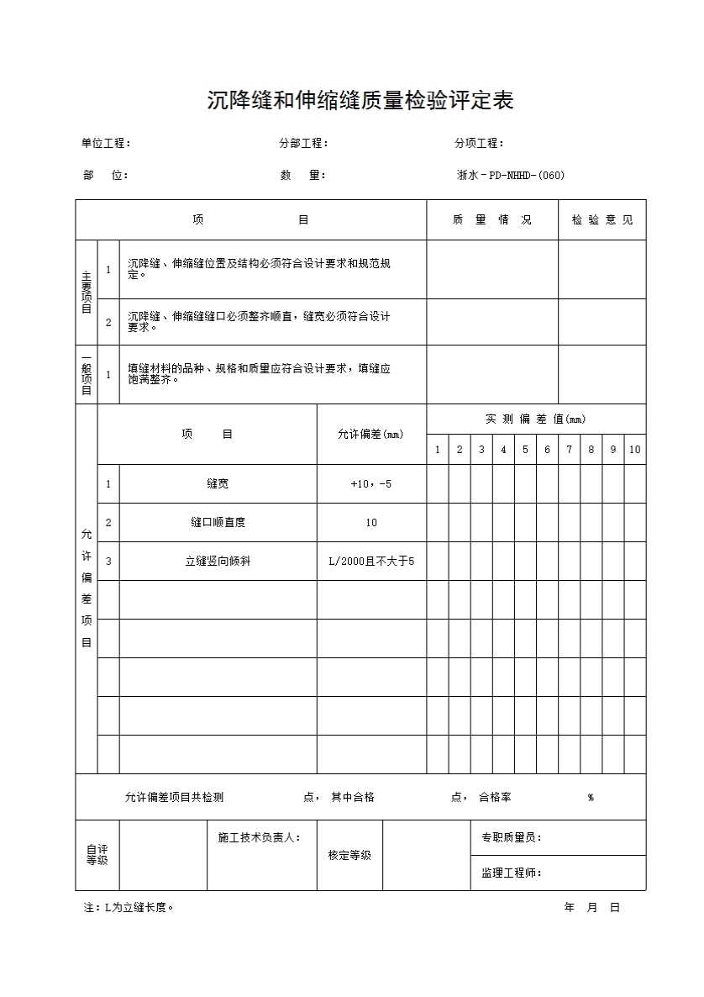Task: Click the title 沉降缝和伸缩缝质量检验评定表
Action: pos(360,101)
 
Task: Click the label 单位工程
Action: pos(105,144)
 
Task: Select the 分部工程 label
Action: pos(302,144)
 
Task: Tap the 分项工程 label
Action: pos(479,144)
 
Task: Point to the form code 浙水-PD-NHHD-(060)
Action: pos(510,176)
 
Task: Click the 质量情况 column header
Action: pos(492,220)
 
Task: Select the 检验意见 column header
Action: pos(602,220)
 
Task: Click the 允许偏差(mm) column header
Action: pos(370,435)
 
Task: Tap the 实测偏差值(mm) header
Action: pos(536,419)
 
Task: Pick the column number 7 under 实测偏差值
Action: pos(569,450)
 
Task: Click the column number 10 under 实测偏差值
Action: pos(634,450)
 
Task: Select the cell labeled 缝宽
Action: pos(218,484)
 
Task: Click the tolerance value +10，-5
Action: pos(370,484)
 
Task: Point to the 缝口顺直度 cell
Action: pos(218,523)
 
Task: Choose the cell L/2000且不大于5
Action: pos(371,562)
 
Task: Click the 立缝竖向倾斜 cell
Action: pos(218,562)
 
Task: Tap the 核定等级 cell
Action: pos(349,856)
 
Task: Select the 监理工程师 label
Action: pos(511,873)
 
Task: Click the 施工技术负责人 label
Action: pos(259,838)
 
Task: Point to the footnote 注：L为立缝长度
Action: pos(129,908)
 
